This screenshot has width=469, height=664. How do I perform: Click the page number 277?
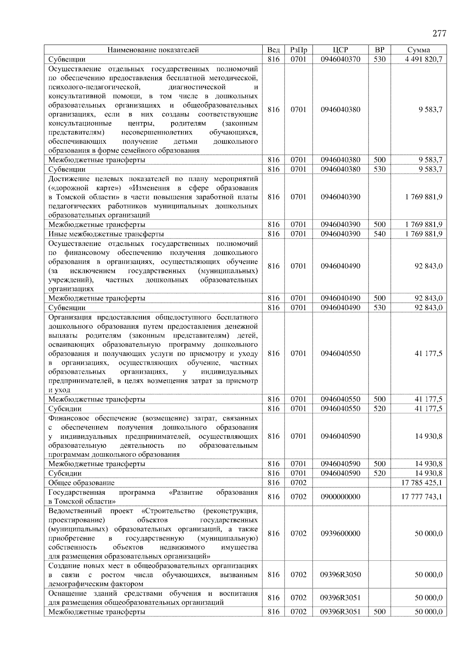(x=439, y=34)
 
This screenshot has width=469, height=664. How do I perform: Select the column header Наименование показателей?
(x=153, y=50)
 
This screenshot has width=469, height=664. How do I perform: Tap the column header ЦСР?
(x=340, y=50)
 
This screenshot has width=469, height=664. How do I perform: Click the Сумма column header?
(x=419, y=50)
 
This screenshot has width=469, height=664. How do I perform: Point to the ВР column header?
(x=379, y=50)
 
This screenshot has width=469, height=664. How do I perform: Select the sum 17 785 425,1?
(x=422, y=483)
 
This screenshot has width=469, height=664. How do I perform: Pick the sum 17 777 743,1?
(x=422, y=497)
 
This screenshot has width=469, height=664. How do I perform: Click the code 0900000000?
(x=340, y=497)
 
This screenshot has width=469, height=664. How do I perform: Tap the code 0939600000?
(x=340, y=533)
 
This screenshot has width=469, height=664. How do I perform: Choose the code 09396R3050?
(x=340, y=574)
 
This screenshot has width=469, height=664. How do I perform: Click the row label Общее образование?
(x=81, y=483)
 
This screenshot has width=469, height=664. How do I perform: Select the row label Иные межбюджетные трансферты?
(x=106, y=234)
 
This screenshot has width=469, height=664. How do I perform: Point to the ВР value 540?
(x=379, y=234)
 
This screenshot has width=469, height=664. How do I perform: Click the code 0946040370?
(x=340, y=59)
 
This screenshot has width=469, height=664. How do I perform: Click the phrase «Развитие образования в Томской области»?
(x=153, y=497)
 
